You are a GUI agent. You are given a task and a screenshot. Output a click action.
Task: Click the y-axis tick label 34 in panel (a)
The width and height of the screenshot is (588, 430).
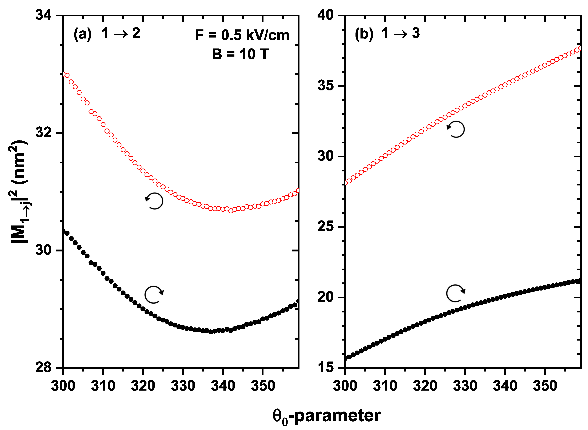click(44, 15)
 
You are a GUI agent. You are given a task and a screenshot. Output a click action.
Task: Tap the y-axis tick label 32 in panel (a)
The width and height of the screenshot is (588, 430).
click(44, 133)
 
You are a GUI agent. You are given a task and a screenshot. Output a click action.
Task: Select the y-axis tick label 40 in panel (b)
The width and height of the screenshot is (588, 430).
click(325, 15)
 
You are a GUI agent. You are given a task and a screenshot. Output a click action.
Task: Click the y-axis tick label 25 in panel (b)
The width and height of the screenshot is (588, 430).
click(325, 226)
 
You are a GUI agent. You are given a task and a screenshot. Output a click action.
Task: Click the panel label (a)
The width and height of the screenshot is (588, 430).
click(82, 34)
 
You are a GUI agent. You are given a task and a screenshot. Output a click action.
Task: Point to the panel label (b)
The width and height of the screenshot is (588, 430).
click(364, 34)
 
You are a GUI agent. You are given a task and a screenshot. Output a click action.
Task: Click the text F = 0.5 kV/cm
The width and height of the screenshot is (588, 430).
click(242, 35)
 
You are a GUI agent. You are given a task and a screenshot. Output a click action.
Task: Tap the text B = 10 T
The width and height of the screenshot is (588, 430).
click(240, 54)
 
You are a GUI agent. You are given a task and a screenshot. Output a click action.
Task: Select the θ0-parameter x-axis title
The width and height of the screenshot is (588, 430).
click(327, 416)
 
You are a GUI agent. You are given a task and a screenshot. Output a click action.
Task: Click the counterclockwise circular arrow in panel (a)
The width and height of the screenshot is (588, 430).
click(154, 201)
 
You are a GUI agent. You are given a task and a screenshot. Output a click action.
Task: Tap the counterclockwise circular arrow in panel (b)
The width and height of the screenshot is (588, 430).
click(456, 129)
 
